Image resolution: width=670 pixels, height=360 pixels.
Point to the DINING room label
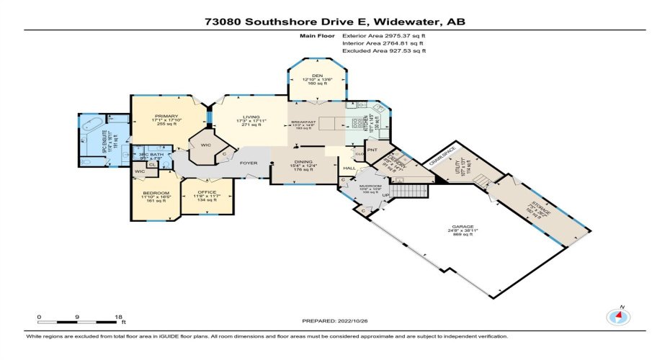(x=302, y=162)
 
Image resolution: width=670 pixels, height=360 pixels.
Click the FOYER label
(x=249, y=162)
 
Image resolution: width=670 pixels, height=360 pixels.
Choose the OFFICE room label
(x=207, y=192)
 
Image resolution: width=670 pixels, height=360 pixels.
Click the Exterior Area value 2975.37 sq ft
(x=385, y=35)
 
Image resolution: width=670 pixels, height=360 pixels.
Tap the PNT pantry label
(x=372, y=150)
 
